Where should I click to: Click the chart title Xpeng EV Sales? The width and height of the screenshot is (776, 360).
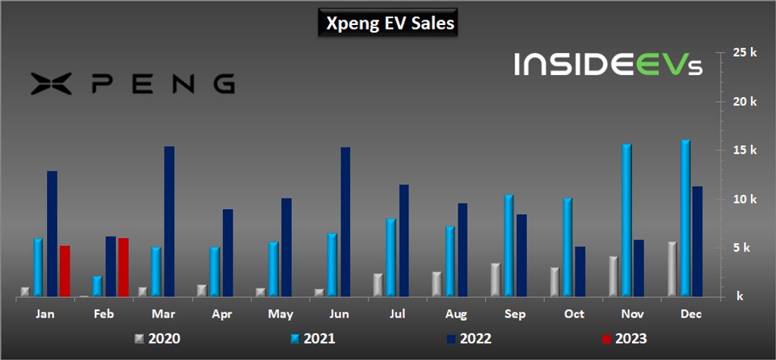(390, 23)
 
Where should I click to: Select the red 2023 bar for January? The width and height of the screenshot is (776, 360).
(65, 271)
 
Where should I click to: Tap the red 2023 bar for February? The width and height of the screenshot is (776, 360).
(124, 268)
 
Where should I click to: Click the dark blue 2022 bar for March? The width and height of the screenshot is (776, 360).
(169, 222)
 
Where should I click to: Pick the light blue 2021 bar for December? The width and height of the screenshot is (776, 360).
(685, 218)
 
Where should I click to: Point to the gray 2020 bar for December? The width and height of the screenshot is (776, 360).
(672, 269)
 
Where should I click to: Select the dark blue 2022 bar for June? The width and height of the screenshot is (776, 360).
(346, 222)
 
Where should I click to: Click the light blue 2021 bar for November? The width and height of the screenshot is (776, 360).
(626, 221)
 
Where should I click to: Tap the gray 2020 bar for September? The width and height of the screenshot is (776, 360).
(496, 280)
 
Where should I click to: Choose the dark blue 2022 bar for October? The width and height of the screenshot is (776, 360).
(580, 272)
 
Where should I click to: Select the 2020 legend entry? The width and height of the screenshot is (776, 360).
(158, 339)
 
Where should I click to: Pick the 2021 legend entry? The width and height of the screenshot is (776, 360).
(313, 339)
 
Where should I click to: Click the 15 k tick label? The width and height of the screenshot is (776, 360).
(746, 150)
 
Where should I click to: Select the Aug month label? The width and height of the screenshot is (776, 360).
(456, 315)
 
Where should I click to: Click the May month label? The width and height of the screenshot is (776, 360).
(280, 315)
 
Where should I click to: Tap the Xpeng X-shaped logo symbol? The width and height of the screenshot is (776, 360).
(52, 83)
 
